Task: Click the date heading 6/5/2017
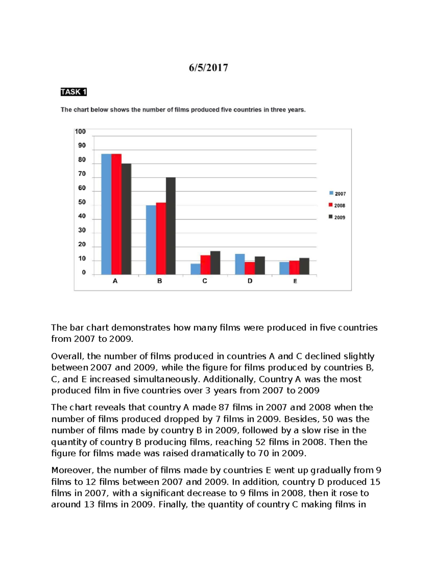point(208,68)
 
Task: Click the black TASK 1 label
point(73,92)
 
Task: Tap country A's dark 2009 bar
point(126,219)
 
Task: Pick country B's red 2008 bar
point(161,238)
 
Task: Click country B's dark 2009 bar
point(171,226)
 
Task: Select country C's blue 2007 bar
point(196,269)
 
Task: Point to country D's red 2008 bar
point(250,268)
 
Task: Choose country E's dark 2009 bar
point(304,266)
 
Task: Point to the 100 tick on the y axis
point(80,132)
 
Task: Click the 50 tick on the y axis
point(82,202)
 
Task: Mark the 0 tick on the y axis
point(84,272)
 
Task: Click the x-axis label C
point(205,281)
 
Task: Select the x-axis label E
point(295,281)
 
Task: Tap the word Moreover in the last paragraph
point(72,470)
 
